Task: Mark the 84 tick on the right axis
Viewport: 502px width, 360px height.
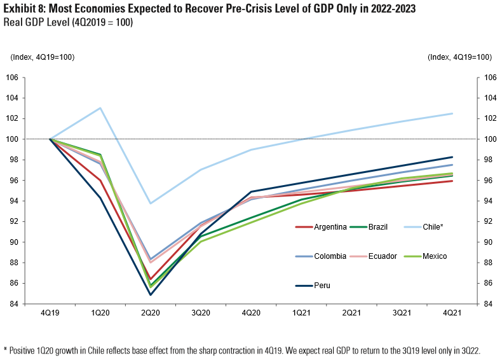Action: click(489, 304)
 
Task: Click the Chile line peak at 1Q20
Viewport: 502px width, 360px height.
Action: click(100, 108)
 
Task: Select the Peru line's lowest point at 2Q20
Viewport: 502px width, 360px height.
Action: click(151, 294)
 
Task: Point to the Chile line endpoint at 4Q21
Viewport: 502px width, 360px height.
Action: click(452, 113)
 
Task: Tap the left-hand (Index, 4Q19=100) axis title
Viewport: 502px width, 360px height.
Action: click(43, 57)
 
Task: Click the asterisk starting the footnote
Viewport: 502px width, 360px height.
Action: click(5, 349)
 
